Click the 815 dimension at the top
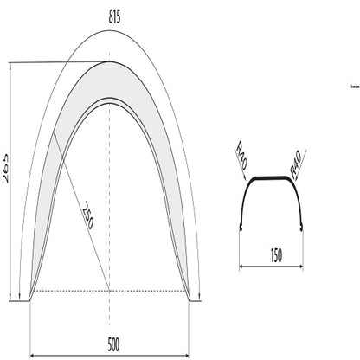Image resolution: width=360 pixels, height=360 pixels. (109, 15)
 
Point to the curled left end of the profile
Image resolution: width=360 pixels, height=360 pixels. (239, 228)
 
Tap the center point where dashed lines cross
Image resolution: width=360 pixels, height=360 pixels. (110, 290)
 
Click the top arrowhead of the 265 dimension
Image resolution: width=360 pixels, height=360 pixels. (10, 63)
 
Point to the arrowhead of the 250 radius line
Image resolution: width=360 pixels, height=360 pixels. (55, 132)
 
